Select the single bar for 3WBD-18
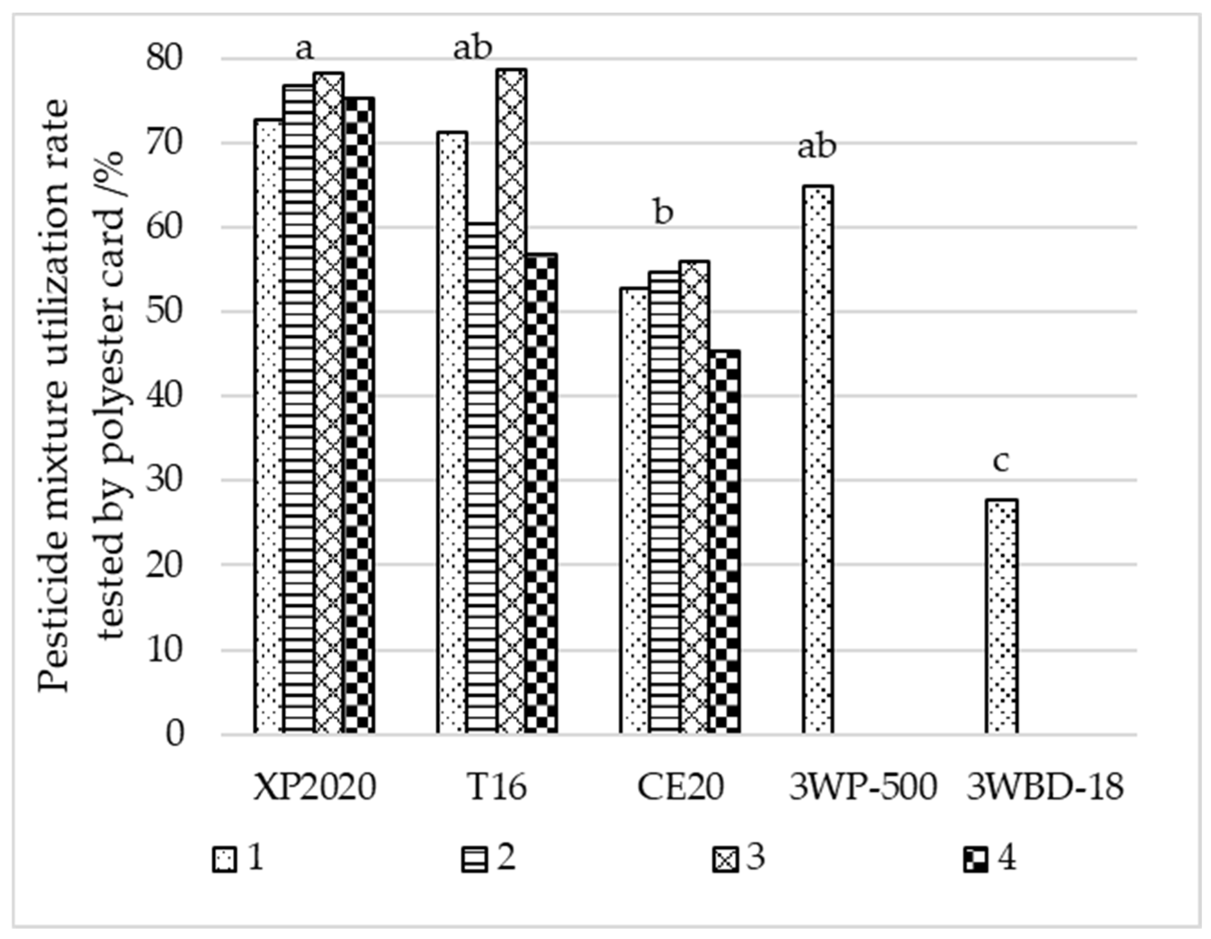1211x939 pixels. pyautogui.click(x=1001, y=616)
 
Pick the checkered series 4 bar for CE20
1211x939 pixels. pyautogui.click(x=725, y=541)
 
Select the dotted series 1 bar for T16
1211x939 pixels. pyautogui.click(x=452, y=432)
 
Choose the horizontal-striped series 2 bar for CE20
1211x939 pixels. pyautogui.click(x=664, y=502)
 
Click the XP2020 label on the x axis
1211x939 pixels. pyautogui.click(x=315, y=787)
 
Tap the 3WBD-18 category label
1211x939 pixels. pyautogui.click(x=1045, y=787)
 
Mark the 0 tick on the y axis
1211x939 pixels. pyautogui.click(x=174, y=734)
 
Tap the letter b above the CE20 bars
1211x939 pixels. pyautogui.click(x=663, y=212)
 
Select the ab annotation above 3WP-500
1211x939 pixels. pyautogui.click(x=816, y=147)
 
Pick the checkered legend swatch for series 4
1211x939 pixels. pyautogui.click(x=975, y=861)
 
